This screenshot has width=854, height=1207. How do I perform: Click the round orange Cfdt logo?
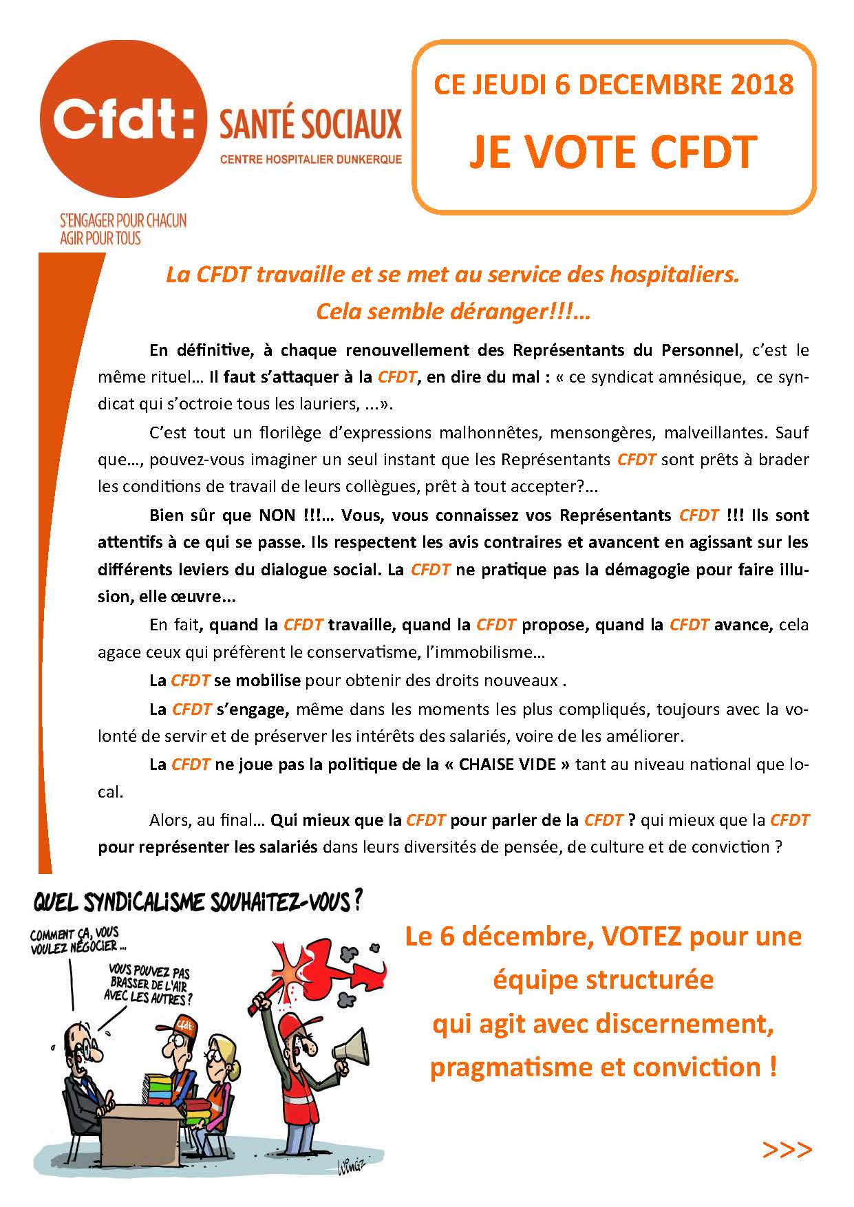pyautogui.click(x=122, y=120)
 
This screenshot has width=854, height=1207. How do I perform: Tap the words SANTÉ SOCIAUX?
pyautogui.click(x=310, y=125)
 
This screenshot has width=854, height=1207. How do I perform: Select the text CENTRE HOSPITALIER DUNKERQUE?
pyautogui.click(x=310, y=160)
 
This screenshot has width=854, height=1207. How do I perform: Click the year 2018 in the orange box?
pyautogui.click(x=762, y=85)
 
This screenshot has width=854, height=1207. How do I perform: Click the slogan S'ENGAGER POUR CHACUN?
pyautogui.click(x=123, y=221)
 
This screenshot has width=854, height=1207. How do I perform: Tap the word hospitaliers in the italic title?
pyautogui.click(x=668, y=275)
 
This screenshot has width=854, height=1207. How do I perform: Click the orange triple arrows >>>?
pyautogui.click(x=787, y=1150)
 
